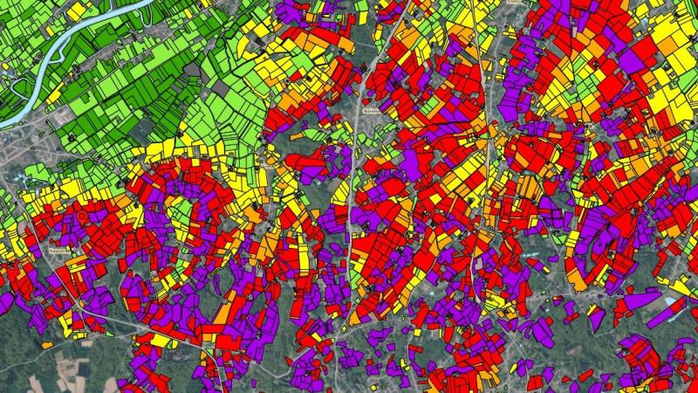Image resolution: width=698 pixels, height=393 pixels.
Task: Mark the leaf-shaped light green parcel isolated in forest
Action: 315,135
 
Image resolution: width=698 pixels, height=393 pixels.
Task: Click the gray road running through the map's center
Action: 353,218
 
